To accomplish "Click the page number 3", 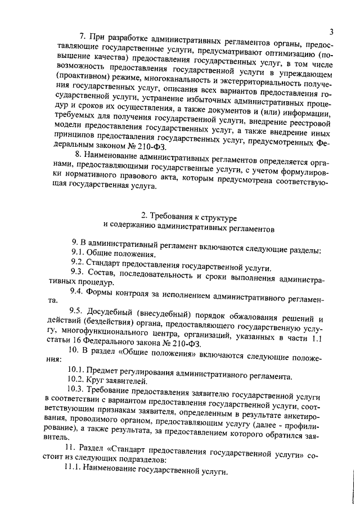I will (x=332, y=31).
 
